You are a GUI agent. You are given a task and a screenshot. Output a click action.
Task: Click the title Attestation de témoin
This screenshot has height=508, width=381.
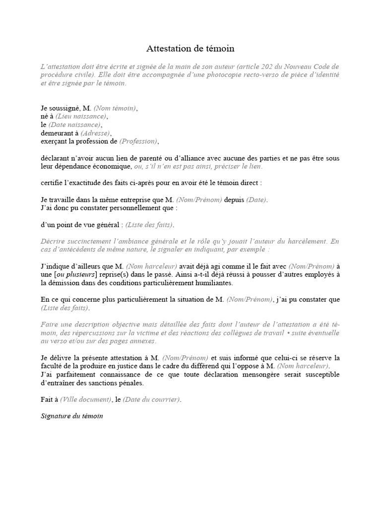(190, 49)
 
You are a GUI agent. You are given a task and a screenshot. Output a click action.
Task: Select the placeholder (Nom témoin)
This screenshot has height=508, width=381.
(115, 108)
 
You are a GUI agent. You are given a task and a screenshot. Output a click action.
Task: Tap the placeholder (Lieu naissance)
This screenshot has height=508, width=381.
(84, 116)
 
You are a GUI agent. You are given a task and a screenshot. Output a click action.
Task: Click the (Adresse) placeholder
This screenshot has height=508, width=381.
(96, 133)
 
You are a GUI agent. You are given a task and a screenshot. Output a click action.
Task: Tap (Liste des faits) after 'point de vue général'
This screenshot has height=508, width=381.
(149, 225)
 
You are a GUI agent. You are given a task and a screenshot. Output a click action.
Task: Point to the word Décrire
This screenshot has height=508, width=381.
(54, 242)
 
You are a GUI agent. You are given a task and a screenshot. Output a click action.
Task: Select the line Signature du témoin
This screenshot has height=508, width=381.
(71, 416)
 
